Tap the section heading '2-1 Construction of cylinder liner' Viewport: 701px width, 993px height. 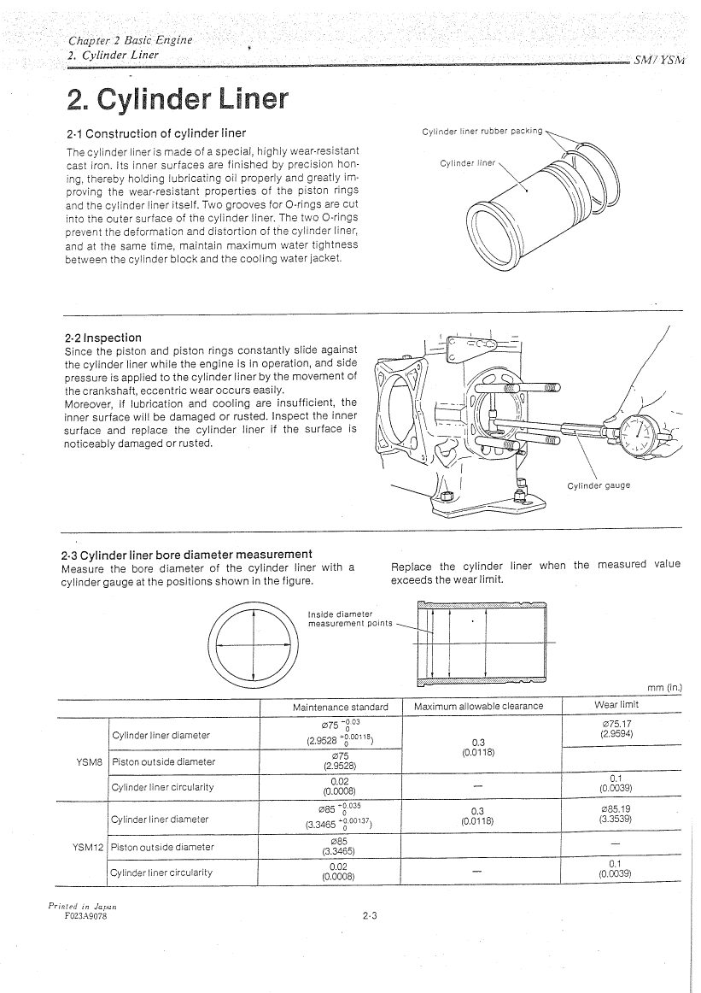155,133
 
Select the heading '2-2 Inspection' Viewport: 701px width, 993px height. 103,338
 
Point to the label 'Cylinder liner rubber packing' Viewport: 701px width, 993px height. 482,131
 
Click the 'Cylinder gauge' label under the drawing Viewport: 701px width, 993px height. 599,485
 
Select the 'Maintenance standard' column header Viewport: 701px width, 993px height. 340,707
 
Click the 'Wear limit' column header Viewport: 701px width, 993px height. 616,705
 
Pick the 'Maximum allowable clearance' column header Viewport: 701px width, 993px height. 478,706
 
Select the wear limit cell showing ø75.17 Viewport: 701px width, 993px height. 616,728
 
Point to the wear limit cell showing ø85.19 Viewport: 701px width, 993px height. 616,814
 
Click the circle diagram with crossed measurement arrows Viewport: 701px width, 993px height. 254,646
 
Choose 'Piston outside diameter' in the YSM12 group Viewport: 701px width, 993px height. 162,848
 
